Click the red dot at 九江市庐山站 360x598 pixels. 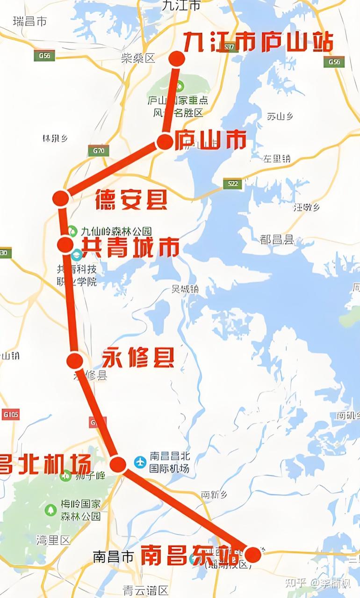click(x=177, y=58)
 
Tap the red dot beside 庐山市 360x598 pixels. click(x=165, y=141)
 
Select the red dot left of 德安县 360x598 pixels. click(x=60, y=198)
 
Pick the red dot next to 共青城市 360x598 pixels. click(x=65, y=244)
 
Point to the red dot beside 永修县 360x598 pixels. click(x=74, y=361)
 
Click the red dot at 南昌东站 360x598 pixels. click(x=253, y=554)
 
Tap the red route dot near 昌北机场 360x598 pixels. click(x=118, y=464)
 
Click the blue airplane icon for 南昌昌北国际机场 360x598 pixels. click(x=140, y=462)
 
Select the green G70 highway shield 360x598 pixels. click(x=98, y=151)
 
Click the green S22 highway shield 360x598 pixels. click(x=232, y=183)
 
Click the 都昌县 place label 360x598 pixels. click(x=277, y=240)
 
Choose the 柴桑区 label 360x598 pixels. click(x=138, y=58)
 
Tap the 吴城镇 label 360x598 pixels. click(x=185, y=289)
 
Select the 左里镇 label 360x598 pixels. click(x=276, y=159)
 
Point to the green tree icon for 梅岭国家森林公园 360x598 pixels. click(x=50, y=509)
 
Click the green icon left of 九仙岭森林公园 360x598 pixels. click(x=72, y=230)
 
